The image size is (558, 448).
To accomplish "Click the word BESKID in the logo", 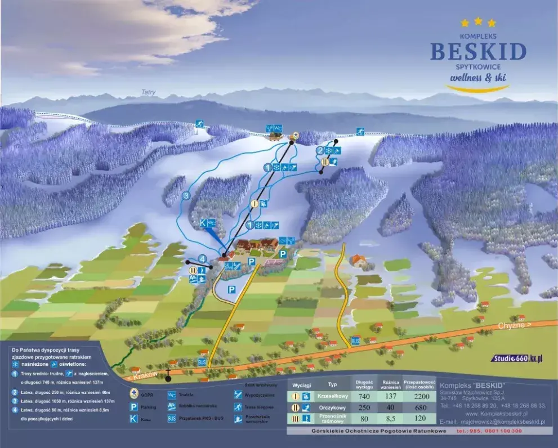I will [x=478, y=51].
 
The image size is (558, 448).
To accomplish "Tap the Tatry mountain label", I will [x=149, y=92].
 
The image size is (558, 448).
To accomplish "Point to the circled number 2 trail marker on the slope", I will [x=319, y=151].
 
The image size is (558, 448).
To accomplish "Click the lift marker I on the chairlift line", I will [x=255, y=204].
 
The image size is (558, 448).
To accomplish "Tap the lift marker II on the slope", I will [x=325, y=162].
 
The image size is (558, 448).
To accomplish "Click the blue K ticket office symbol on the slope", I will [x=203, y=223].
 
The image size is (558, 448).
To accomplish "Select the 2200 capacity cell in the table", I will [x=422, y=397].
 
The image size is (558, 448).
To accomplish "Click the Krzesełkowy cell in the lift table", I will [x=332, y=397].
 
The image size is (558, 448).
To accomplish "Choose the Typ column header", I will [x=332, y=385].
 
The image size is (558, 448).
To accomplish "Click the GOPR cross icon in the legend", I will [x=134, y=392].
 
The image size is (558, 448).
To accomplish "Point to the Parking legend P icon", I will [x=134, y=406].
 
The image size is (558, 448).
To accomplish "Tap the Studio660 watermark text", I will [x=516, y=359].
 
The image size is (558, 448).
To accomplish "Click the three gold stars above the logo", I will [x=478, y=23].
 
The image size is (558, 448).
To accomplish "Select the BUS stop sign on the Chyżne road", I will [x=355, y=341].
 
